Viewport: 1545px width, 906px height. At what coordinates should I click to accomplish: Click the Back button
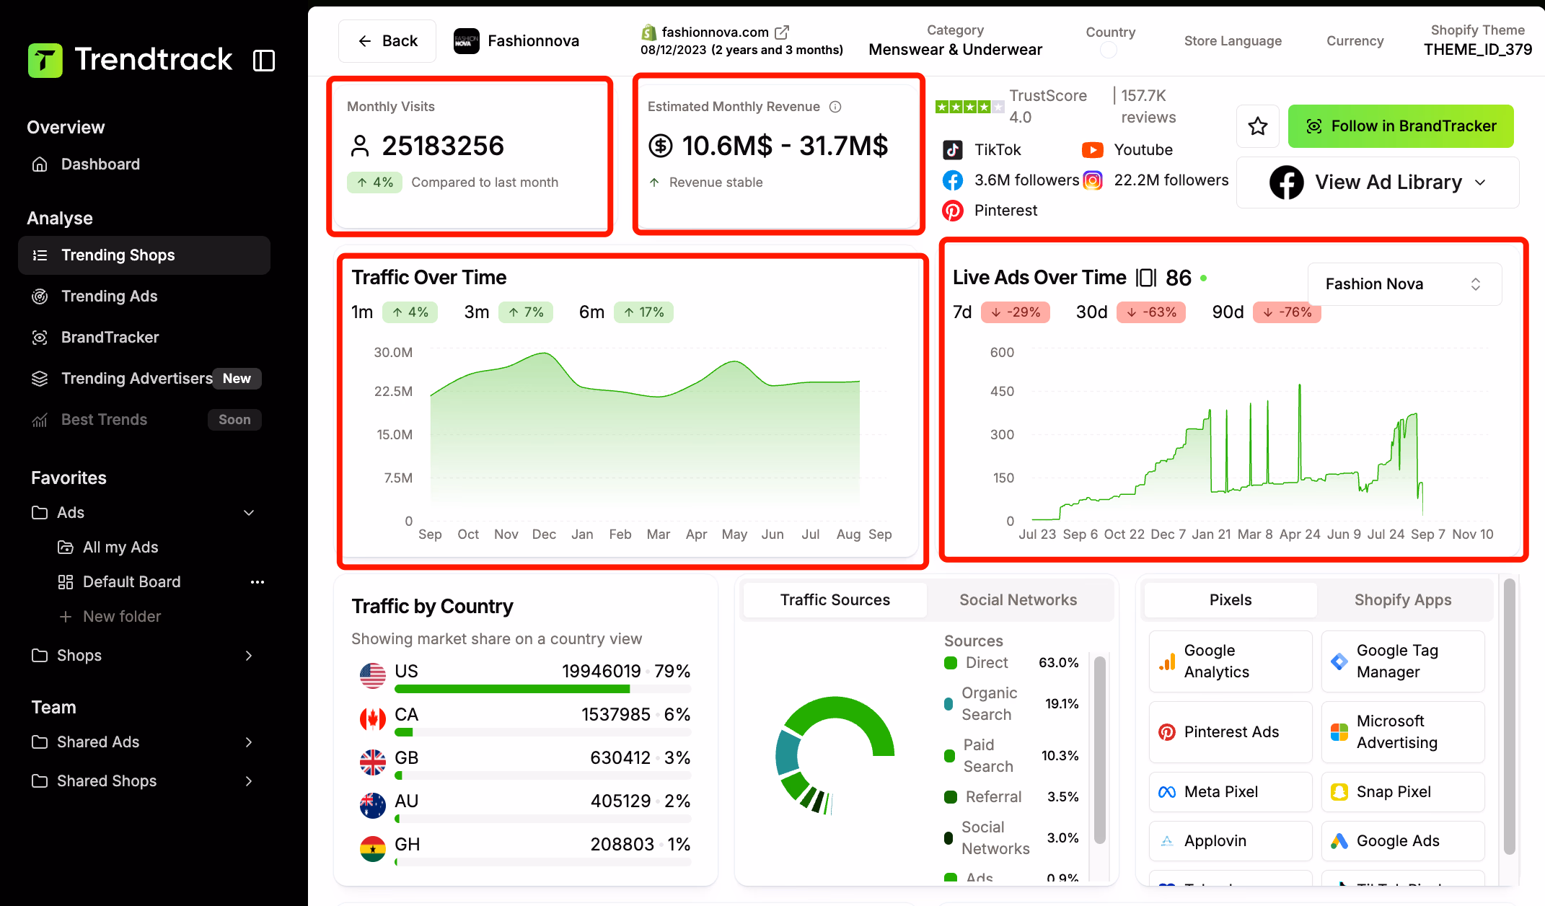pyautogui.click(x=387, y=41)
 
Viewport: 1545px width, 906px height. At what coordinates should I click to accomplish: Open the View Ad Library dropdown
pyautogui.click(x=1378, y=182)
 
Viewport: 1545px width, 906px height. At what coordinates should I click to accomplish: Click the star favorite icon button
pyautogui.click(x=1258, y=126)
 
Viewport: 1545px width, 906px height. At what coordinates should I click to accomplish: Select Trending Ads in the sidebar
pyautogui.click(x=109, y=296)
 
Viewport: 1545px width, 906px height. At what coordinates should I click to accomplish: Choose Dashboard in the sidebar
pyautogui.click(x=100, y=164)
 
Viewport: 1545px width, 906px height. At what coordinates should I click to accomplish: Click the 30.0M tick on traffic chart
pyautogui.click(x=393, y=353)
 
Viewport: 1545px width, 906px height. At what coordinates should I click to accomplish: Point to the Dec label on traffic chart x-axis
pyautogui.click(x=544, y=535)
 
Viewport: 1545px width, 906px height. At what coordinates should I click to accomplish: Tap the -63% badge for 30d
pyautogui.click(x=1151, y=312)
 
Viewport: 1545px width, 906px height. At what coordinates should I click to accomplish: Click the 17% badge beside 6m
pyautogui.click(x=643, y=312)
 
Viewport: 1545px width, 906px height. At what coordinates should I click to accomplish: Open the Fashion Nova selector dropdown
pyautogui.click(x=1404, y=284)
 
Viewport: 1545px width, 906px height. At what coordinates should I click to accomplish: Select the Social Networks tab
pyautogui.click(x=1018, y=600)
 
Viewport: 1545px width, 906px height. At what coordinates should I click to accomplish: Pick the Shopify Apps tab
pyautogui.click(x=1402, y=600)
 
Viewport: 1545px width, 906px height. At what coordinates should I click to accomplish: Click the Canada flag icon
pyautogui.click(x=373, y=718)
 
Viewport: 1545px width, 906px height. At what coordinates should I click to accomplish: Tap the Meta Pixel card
pyautogui.click(x=1230, y=792)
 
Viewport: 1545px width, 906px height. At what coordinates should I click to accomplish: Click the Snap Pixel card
pyautogui.click(x=1402, y=792)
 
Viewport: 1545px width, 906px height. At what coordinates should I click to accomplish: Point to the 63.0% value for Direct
pyautogui.click(x=1058, y=663)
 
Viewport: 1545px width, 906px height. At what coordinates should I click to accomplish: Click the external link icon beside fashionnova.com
pyautogui.click(x=782, y=32)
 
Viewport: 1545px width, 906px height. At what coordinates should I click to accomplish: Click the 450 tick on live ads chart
pyautogui.click(x=1002, y=392)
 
